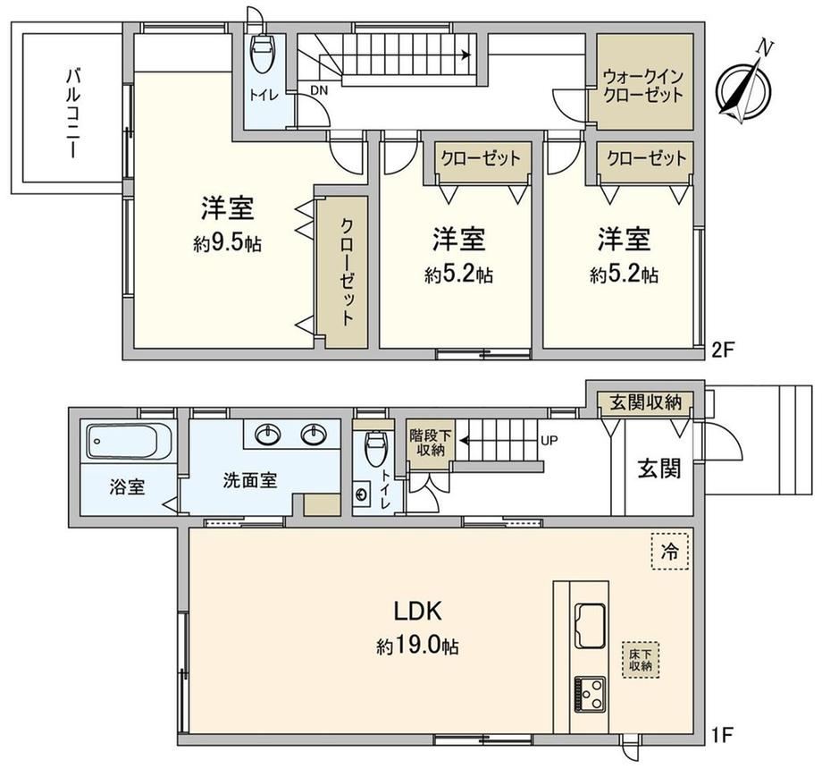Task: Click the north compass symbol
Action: tap(744, 89)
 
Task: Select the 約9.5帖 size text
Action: tap(227, 243)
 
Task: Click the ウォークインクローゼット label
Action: tap(643, 86)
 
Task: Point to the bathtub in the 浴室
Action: tap(129, 441)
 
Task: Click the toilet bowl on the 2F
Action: tap(264, 53)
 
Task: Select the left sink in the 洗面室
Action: tap(269, 435)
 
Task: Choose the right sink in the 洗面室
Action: tap(314, 435)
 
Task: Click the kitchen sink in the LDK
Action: tap(591, 626)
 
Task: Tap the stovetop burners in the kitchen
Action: tap(591, 694)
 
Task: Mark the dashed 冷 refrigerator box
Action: tap(669, 552)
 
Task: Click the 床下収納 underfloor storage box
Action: tap(641, 659)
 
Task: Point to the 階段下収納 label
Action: tap(431, 443)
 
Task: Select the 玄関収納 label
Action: tap(645, 402)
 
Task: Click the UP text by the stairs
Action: tap(549, 441)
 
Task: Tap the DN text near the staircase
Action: tap(319, 90)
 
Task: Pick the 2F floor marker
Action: tap(721, 350)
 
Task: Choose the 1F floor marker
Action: tap(721, 735)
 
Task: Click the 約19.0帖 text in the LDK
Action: tap(417, 646)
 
